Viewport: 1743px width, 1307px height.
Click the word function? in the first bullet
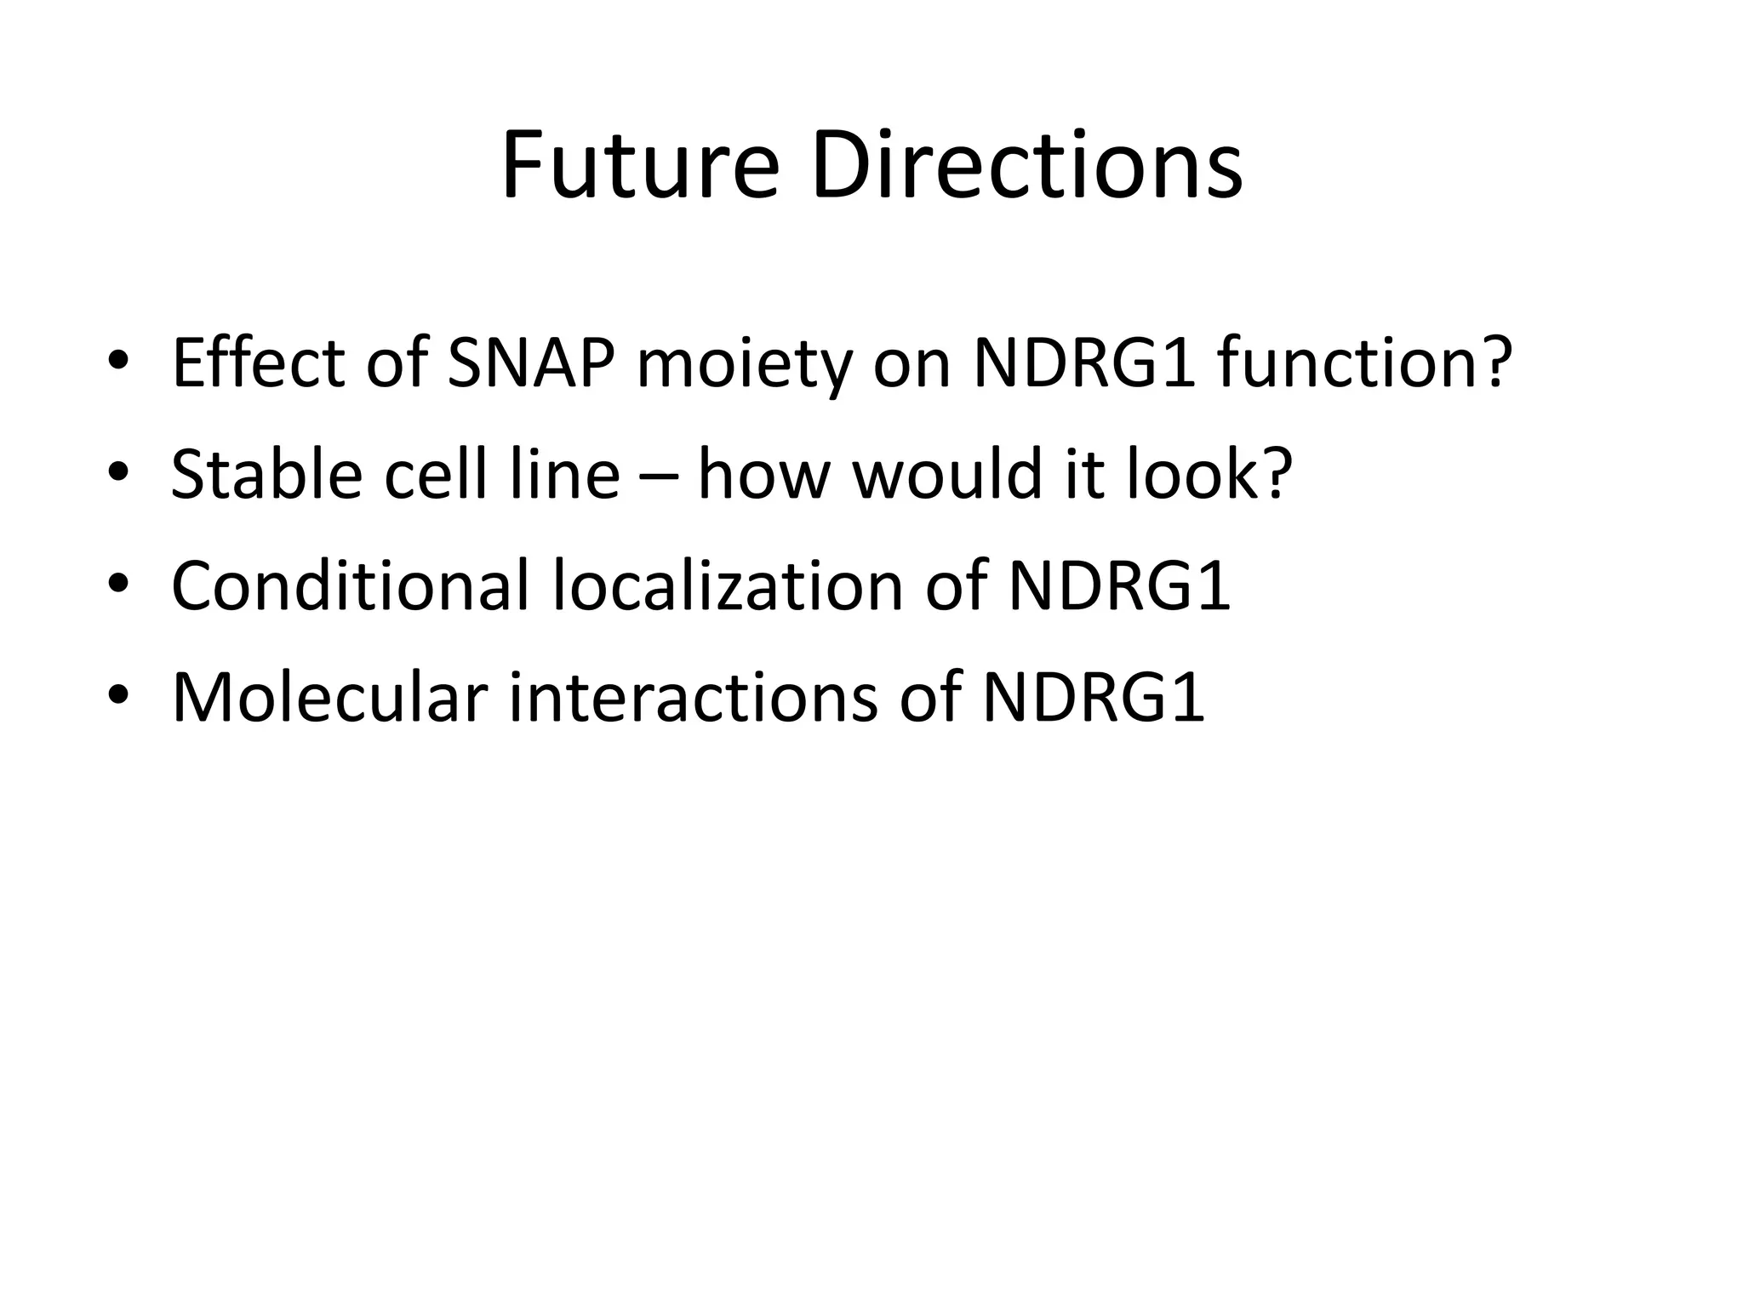1364,364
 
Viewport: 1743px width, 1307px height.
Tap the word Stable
267,475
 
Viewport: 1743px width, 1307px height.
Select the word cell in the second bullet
436,475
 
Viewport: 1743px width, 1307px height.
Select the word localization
728,587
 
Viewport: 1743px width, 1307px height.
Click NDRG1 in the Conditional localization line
1119,587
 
